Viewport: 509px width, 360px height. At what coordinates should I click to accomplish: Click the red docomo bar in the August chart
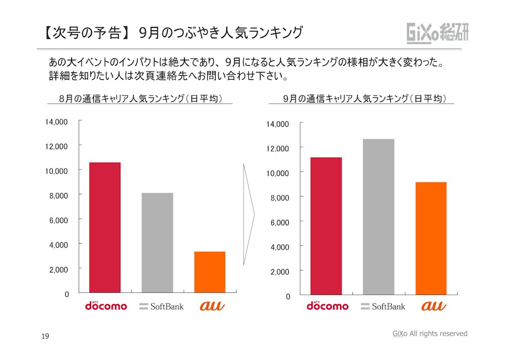tap(105, 227)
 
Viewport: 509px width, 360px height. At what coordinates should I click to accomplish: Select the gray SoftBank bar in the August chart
tap(157, 242)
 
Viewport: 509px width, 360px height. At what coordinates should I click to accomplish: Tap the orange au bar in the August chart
tap(209, 271)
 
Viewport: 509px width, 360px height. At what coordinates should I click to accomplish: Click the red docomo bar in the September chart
tap(326, 226)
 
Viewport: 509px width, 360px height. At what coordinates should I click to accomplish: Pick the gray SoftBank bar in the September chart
tap(378, 217)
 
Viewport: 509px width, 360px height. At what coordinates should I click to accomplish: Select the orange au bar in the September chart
tap(430, 238)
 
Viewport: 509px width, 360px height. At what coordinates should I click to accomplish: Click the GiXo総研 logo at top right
tap(437, 33)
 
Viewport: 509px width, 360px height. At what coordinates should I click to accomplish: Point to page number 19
tap(45, 337)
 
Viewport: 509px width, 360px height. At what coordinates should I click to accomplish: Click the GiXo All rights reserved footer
tap(430, 334)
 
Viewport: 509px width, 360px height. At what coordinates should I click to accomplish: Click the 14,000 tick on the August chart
tap(56, 121)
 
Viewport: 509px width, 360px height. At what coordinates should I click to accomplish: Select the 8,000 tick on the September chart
tap(280, 198)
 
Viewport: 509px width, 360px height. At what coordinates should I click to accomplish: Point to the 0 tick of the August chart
tap(67, 294)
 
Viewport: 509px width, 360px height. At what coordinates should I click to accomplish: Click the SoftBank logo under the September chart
tap(383, 306)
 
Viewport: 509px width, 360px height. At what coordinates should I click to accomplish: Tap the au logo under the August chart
tap(212, 306)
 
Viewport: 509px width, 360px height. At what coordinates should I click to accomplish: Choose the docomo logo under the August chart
tap(106, 305)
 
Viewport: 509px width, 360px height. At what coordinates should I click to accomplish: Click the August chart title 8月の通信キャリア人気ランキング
tap(140, 98)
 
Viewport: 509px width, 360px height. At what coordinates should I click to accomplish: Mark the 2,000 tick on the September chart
tap(280, 271)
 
